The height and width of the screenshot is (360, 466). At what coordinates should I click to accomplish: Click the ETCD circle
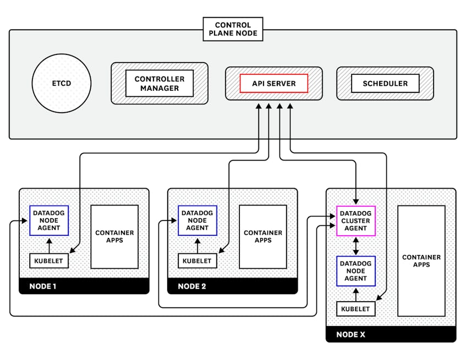coord(61,84)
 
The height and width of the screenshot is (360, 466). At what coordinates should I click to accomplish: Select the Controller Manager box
coord(160,84)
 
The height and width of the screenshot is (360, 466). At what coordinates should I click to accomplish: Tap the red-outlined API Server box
coord(273,84)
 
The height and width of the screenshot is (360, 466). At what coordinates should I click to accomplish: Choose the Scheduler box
coord(385,84)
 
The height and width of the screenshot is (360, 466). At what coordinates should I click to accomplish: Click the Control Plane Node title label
coord(233,29)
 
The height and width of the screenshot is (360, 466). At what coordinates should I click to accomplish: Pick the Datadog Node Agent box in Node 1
coord(49,220)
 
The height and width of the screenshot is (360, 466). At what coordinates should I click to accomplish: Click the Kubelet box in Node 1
coord(49,261)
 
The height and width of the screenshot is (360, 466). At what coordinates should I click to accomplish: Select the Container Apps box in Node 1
coord(114,237)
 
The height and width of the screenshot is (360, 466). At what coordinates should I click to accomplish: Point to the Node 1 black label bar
coord(84,286)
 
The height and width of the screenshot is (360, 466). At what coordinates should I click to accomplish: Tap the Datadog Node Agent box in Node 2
coord(198,220)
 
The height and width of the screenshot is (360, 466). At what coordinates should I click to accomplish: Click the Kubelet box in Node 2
coord(198,261)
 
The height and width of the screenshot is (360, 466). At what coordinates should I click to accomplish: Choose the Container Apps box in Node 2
coord(263,237)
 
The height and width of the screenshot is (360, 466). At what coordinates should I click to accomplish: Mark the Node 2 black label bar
coord(232,286)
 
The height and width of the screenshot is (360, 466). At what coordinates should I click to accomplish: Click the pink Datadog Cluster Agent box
coord(355,221)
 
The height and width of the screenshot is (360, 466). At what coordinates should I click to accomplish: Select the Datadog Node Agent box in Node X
coord(355,271)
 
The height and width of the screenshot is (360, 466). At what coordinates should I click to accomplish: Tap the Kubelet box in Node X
coord(355,309)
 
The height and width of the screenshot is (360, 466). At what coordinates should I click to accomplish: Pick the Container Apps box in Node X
coord(421,261)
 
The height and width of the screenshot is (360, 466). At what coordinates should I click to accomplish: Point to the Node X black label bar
coord(391,334)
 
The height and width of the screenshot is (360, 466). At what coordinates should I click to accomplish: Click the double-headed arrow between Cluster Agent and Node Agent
coord(355,246)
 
